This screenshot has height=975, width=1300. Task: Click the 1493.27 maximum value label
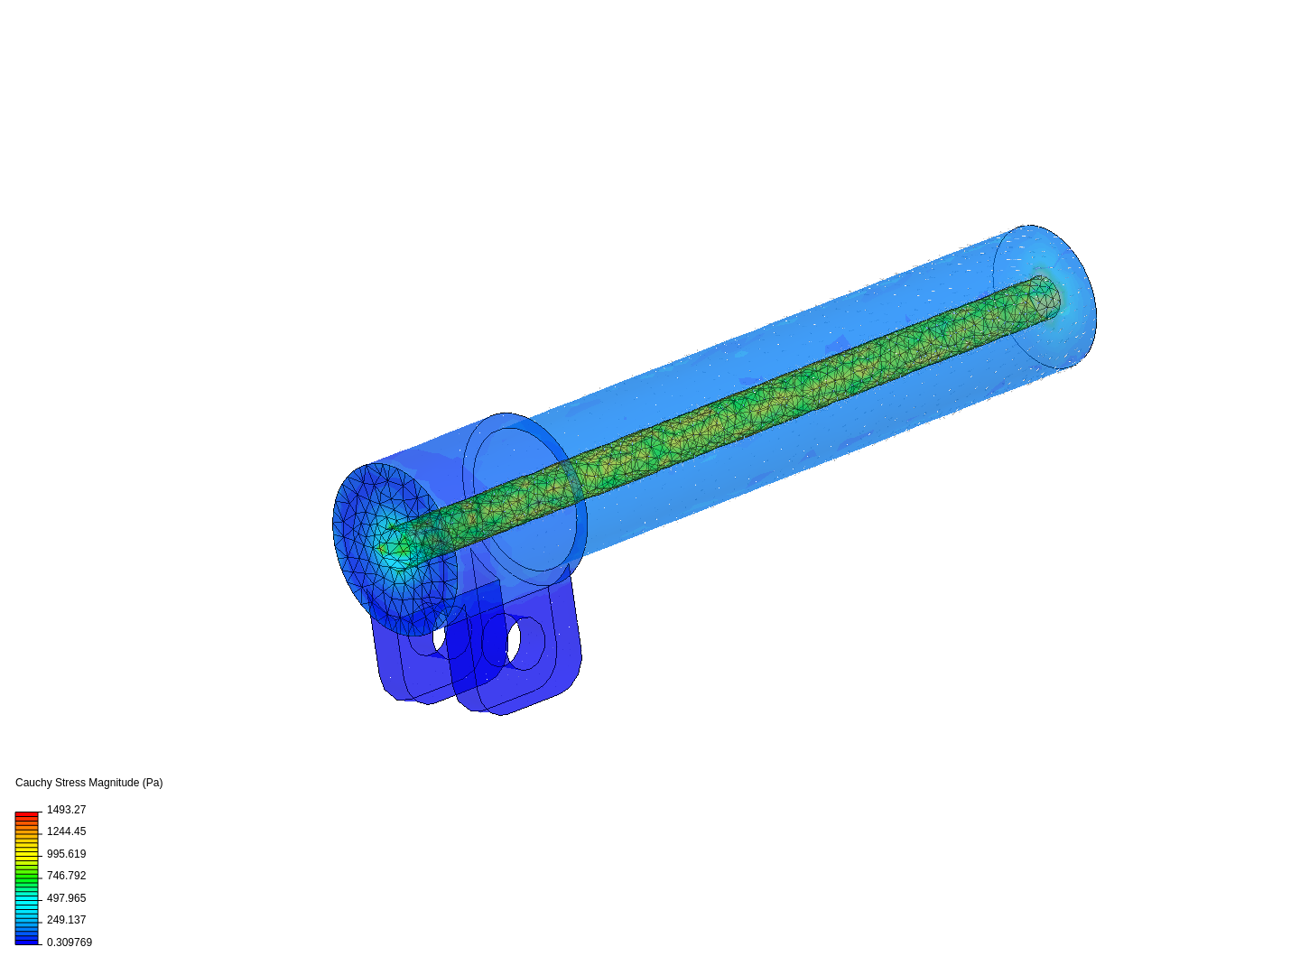[66, 810]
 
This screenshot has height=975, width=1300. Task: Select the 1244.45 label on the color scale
[66, 831]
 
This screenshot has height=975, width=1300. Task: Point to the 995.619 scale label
[66, 854]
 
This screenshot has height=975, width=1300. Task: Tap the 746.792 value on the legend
[66, 876]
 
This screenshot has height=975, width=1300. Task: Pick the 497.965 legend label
[66, 898]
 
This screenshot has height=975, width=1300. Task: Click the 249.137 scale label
[66, 920]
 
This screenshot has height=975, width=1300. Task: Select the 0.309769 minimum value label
[69, 942]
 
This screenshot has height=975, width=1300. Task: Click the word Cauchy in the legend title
[33, 783]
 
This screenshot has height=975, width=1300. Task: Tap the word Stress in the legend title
[70, 783]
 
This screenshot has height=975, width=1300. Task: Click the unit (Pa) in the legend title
[153, 783]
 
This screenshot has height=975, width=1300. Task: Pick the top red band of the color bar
[26, 814]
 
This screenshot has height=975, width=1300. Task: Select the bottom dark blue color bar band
[26, 941]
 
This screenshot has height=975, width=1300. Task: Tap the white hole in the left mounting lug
[440, 637]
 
